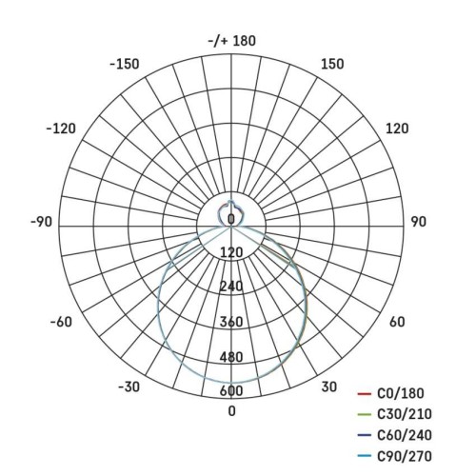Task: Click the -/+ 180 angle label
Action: pyautogui.click(x=231, y=41)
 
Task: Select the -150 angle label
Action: pyautogui.click(x=125, y=64)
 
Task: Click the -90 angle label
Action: pyautogui.click(x=41, y=222)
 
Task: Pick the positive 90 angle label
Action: pyautogui.click(x=417, y=222)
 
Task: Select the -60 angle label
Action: pyautogui.click(x=60, y=322)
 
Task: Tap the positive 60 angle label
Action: pyautogui.click(x=398, y=322)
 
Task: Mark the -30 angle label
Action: pyautogui.click(x=130, y=387)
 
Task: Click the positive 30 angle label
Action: pyautogui.click(x=328, y=387)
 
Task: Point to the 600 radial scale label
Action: pyautogui.click(x=231, y=391)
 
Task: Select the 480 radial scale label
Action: pyautogui.click(x=231, y=357)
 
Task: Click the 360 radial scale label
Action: pyautogui.click(x=231, y=322)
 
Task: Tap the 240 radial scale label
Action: pyautogui.click(x=231, y=287)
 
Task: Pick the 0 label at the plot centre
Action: pyautogui.click(x=231, y=220)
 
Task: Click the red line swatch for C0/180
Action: pyautogui.click(x=363, y=393)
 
